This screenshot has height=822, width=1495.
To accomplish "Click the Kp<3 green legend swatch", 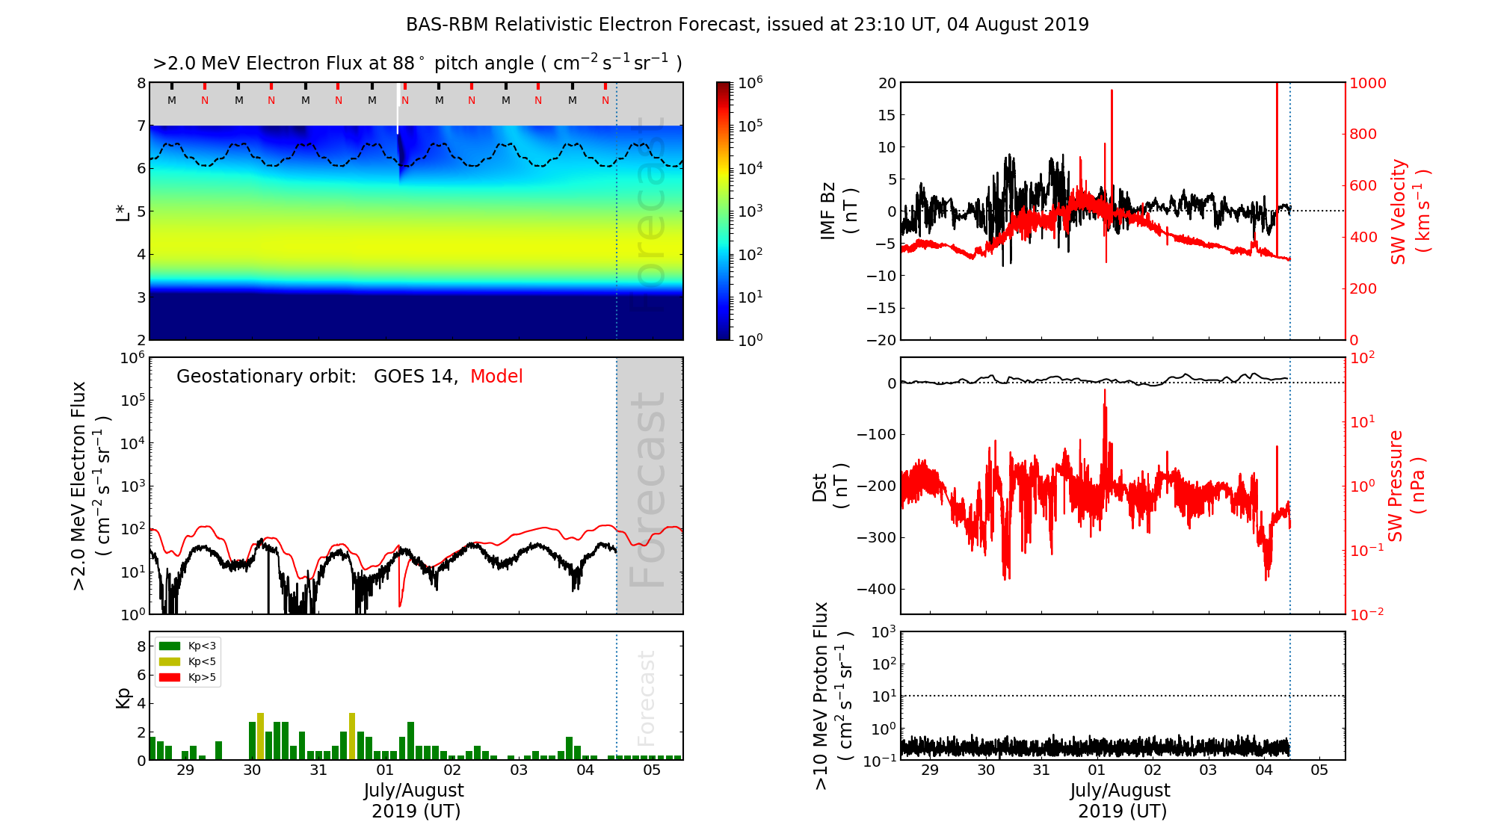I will coord(170,646).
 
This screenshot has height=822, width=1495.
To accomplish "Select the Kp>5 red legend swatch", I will coord(170,678).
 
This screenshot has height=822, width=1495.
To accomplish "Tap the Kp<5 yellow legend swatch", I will coord(170,661).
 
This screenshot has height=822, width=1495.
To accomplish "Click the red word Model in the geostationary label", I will coord(496,377).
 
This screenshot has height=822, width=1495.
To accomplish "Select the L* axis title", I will coord(123,211).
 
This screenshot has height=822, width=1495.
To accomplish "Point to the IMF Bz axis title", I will coord(837,211).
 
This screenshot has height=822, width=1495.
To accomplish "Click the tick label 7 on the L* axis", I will coord(141,126).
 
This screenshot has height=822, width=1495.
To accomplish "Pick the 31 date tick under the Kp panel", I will coord(318,770).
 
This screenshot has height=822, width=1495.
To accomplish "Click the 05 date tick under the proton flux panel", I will coord(1319,770).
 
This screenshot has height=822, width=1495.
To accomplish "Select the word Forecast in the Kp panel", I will coord(647,698).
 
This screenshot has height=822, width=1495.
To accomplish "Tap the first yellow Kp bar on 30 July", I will coord(260,736).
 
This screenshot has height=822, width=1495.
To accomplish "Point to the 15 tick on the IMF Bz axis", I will coord(887,115).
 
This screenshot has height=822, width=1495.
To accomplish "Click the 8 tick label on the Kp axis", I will coord(141,646).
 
